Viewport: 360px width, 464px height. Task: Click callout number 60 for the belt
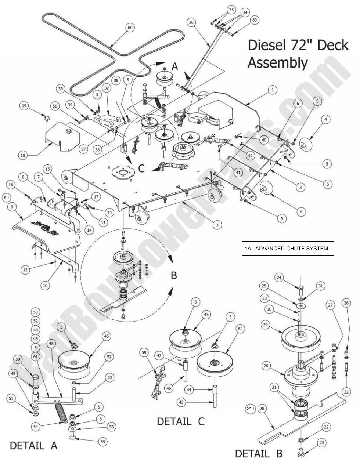[129, 28]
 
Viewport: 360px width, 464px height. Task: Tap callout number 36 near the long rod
[191, 22]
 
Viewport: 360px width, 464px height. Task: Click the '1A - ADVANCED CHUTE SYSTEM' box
[287, 249]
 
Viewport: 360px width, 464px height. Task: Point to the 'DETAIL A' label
[33, 446]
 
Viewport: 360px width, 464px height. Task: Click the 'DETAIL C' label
[180, 421]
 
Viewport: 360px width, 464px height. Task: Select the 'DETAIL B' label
[259, 453]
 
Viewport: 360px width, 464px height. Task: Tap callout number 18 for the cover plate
[23, 155]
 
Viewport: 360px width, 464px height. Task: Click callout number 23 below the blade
[321, 443]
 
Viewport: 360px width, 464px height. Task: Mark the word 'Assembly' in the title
[277, 63]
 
